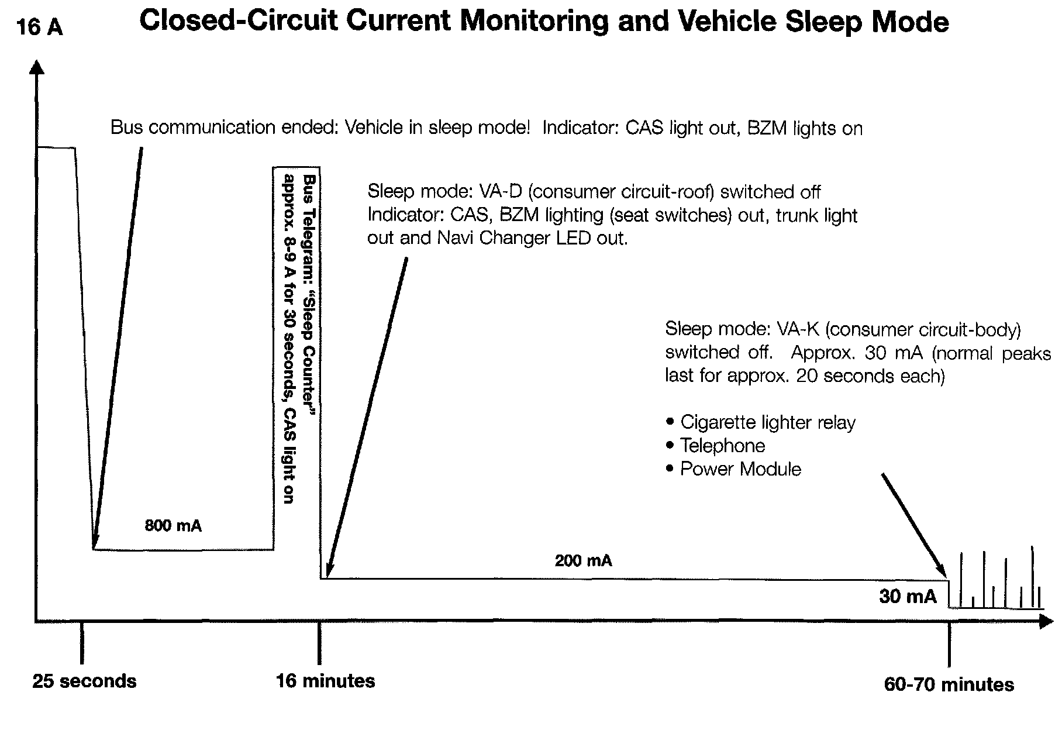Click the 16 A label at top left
(40, 27)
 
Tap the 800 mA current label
(173, 526)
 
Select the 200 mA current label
(583, 561)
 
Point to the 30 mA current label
(908, 596)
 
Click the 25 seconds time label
(84, 681)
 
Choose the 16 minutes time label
(326, 681)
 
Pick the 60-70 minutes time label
(949, 684)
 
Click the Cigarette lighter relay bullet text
(767, 422)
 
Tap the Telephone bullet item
(722, 446)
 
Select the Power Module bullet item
(740, 469)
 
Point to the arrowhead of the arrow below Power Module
(943, 573)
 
